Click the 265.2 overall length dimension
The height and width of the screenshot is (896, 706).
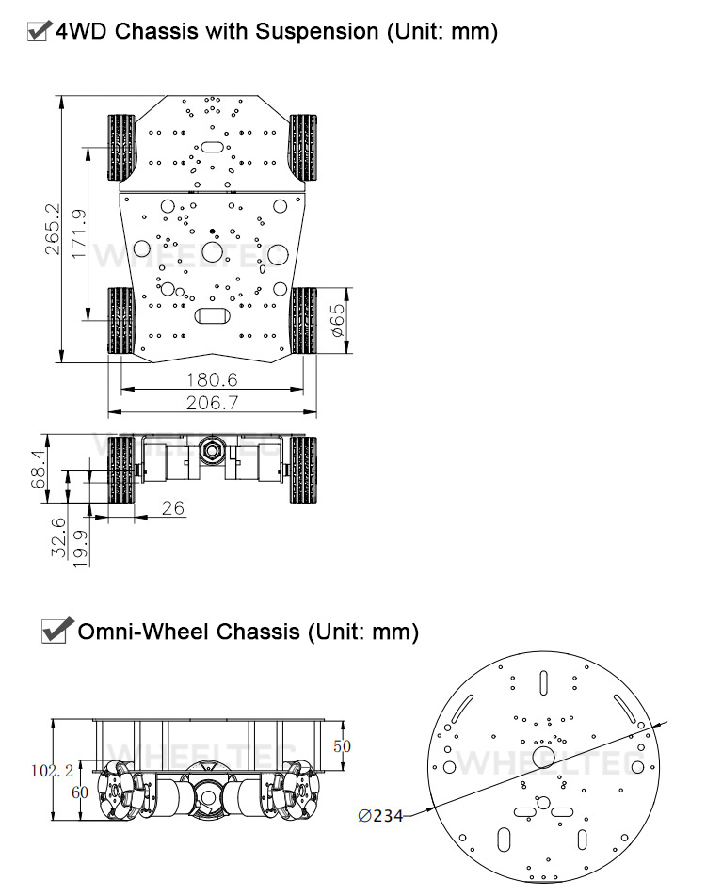point(52,229)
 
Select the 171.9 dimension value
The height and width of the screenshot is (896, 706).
point(78,233)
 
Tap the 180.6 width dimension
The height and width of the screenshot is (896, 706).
point(212,379)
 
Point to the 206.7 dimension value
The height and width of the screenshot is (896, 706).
point(212,403)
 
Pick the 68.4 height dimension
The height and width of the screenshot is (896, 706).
point(38,469)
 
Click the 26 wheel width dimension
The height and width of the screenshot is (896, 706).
point(172,507)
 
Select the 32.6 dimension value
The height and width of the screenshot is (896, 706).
point(59,537)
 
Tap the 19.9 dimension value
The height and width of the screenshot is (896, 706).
point(81,548)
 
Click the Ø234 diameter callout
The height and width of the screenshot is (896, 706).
point(380,816)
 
